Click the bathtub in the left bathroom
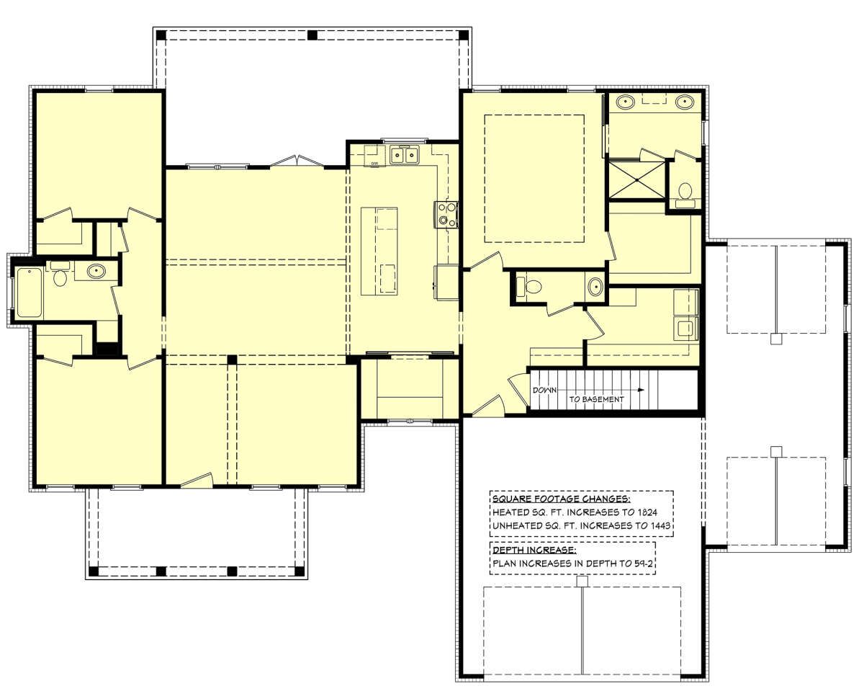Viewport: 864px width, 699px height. [x=30, y=293]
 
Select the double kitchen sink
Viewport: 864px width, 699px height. [x=405, y=155]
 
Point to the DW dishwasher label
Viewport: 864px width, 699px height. [x=374, y=164]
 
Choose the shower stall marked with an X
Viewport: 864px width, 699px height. [x=635, y=180]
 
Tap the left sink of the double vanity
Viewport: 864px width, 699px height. [x=625, y=101]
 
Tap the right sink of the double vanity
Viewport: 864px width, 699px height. [x=684, y=101]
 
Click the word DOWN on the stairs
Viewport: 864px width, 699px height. [x=544, y=390]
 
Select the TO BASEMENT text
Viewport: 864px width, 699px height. [x=596, y=399]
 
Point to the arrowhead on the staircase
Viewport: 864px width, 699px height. [x=641, y=390]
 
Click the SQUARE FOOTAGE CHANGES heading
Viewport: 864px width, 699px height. [x=562, y=499]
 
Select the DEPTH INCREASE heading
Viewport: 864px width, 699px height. [x=534, y=550]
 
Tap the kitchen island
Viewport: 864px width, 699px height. [x=379, y=251]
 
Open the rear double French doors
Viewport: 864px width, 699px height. [x=297, y=161]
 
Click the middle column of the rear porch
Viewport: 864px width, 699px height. [x=312, y=35]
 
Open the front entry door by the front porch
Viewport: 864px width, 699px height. [x=197, y=479]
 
